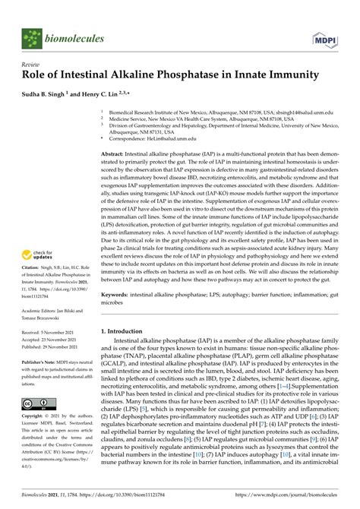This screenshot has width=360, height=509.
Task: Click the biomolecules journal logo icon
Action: coord(31,37)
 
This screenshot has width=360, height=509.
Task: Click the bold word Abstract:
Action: coord(117,153)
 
